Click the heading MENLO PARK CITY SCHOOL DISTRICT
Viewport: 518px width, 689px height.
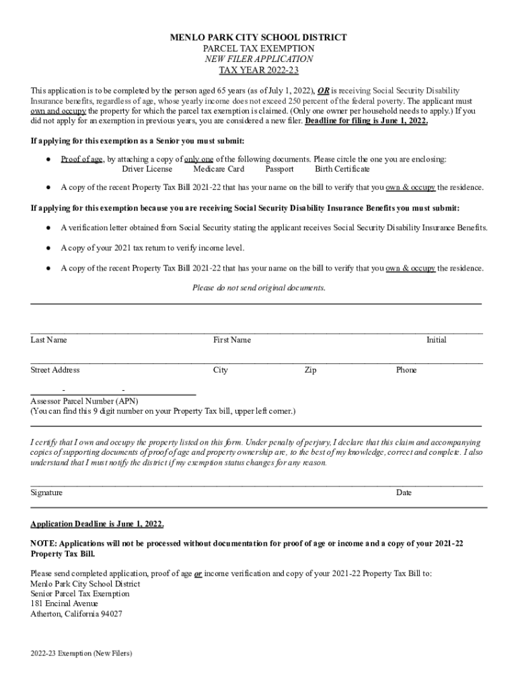(259, 38)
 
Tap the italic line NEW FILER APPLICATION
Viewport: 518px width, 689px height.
(259, 59)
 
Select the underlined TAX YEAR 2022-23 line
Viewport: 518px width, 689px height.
(259, 71)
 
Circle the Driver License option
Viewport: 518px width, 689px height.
(147, 169)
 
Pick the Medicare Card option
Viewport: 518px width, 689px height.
(219, 169)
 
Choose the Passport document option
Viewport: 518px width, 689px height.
(279, 169)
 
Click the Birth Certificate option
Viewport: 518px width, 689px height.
(342, 169)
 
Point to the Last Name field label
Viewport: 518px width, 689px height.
(48, 340)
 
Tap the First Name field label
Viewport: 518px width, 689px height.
(232, 340)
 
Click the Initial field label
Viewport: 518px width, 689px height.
(436, 340)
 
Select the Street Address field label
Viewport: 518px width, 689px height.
(54, 370)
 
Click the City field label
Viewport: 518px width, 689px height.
(221, 370)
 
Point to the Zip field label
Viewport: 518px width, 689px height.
(310, 370)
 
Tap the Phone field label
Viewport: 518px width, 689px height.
(406, 370)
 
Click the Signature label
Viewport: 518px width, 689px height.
(46, 493)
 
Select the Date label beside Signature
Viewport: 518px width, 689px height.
(404, 493)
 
